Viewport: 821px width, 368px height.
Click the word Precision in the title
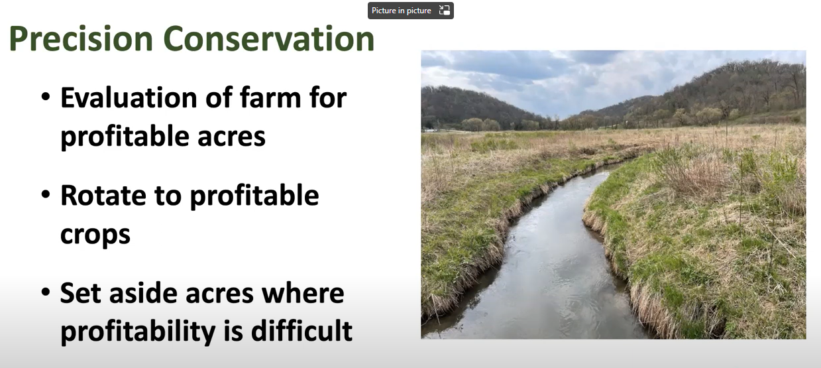click(81, 38)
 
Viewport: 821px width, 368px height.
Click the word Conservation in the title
click(269, 38)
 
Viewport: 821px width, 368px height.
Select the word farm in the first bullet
click(270, 98)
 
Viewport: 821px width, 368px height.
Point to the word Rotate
click(103, 196)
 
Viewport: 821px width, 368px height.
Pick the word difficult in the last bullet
click(301, 331)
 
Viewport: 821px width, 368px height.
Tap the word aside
click(143, 293)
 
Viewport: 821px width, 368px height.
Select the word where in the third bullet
click(302, 293)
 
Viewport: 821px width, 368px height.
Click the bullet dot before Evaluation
click(46, 97)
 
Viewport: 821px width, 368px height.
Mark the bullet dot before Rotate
click(46, 194)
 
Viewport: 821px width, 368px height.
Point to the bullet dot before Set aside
click(46, 292)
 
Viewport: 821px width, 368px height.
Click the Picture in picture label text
click(402, 11)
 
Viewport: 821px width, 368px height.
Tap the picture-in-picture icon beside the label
click(444, 10)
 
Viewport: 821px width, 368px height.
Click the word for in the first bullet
click(328, 98)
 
